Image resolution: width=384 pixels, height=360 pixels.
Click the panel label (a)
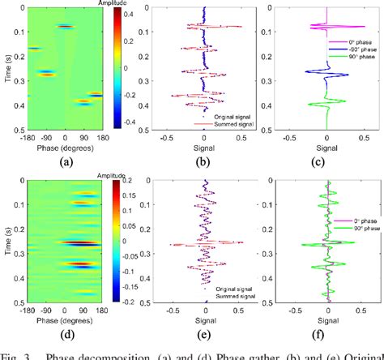tap(66, 161)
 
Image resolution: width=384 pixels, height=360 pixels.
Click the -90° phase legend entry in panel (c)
tap(354, 49)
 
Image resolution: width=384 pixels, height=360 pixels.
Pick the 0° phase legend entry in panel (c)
tap(352, 41)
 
